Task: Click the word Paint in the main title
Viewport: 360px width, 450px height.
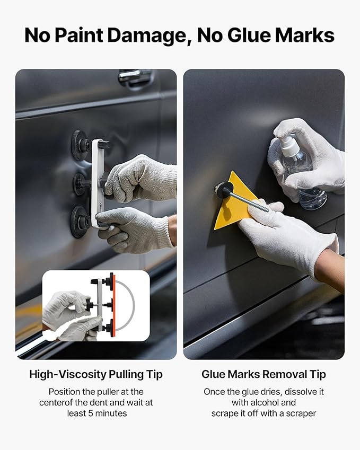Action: [x=83, y=35]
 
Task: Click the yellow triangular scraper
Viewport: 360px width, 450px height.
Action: [x=229, y=204]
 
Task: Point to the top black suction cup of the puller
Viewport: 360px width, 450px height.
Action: [x=81, y=145]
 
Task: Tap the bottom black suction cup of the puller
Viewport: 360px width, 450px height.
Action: [x=80, y=221]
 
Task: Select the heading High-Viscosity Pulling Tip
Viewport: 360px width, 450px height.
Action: [x=96, y=374]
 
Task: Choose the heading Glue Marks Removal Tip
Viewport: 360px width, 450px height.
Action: [x=264, y=374]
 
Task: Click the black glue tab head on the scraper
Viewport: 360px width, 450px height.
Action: [x=222, y=190]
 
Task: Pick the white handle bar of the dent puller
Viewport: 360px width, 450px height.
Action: [x=98, y=183]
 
